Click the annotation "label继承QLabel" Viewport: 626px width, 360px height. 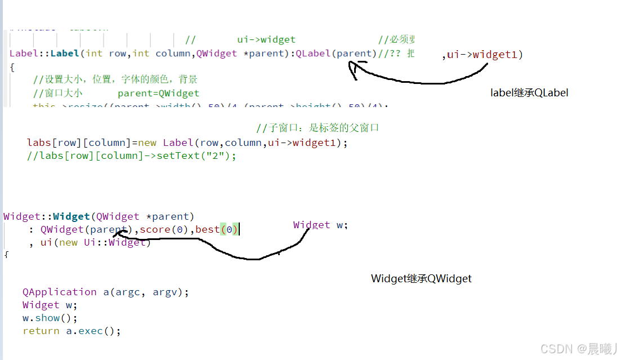[529, 93]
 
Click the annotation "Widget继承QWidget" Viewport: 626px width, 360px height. [421, 278]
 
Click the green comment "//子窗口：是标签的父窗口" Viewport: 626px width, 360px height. [317, 128]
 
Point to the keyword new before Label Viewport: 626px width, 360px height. [147, 143]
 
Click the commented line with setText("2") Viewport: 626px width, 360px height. [131, 155]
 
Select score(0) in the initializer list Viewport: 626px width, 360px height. [165, 229]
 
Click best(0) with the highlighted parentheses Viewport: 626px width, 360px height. [217, 229]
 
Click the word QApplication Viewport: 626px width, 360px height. [60, 292]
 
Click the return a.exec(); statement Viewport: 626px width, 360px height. [71, 331]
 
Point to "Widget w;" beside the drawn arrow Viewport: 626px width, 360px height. [320, 225]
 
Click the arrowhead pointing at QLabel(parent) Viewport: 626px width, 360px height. [353, 66]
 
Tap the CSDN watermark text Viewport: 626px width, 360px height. [579, 349]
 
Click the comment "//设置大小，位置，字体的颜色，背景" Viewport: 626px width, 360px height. [115, 79]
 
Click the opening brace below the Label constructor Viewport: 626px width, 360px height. [12, 66]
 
